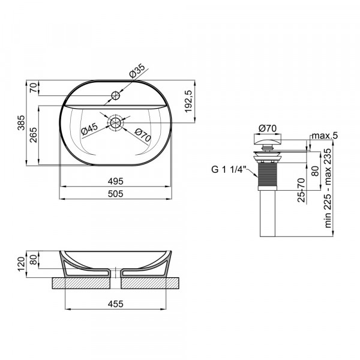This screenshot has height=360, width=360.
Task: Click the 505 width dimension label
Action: point(115,193)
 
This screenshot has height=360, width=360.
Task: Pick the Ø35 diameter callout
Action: point(137,73)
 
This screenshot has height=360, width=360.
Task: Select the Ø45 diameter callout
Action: point(89,128)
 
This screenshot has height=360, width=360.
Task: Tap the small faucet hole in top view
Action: point(116,94)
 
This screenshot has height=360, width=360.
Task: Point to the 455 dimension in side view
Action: point(115,304)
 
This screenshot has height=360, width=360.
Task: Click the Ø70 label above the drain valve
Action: point(266,128)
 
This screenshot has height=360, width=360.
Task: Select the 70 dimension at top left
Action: point(34,88)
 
